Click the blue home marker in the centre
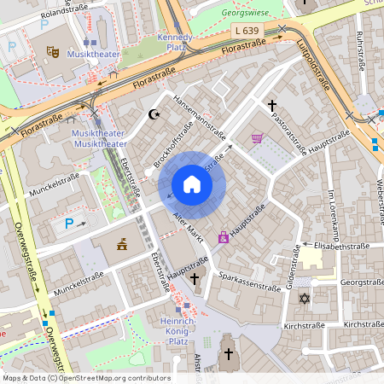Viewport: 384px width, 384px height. click(192, 184)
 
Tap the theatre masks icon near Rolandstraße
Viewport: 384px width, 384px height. click(52, 51)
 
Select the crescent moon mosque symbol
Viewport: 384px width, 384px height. click(154, 113)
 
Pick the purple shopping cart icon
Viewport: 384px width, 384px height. click(257, 138)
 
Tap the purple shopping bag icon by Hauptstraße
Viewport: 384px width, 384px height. click(224, 237)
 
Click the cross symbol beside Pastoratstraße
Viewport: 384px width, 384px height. click(272, 107)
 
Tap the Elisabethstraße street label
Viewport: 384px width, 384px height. click(342, 246)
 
